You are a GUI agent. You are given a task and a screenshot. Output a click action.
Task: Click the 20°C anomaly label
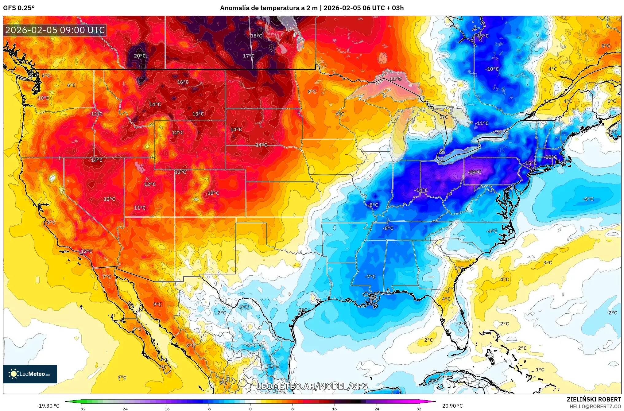[x=140, y=56]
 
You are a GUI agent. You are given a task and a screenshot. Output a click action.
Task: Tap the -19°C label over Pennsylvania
[x=474, y=173]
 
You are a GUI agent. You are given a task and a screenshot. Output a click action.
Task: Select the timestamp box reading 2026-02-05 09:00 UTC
[x=55, y=30]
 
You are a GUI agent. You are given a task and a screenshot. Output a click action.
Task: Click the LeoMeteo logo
[x=30, y=374]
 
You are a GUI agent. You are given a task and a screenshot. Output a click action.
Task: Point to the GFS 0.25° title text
[x=19, y=8]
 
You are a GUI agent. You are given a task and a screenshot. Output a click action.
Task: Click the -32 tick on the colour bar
[x=82, y=409]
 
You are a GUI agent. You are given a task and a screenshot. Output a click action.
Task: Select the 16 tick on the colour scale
[x=334, y=409]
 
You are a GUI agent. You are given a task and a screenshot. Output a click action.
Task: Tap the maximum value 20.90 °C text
[x=452, y=406]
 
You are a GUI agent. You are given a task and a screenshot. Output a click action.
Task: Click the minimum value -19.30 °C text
[x=48, y=406]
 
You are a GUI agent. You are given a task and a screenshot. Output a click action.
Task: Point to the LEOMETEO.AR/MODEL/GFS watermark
[x=312, y=386]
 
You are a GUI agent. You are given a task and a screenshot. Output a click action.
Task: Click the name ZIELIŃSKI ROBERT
[x=594, y=399]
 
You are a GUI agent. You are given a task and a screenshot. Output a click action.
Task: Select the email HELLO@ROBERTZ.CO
[x=595, y=406]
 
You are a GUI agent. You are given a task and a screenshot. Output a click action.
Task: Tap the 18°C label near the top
[x=257, y=36]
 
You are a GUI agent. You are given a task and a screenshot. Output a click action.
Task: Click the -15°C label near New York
[x=531, y=163]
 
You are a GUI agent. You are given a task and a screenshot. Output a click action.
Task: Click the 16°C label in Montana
[x=183, y=82]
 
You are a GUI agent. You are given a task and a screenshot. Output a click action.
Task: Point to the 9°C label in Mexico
[x=157, y=304]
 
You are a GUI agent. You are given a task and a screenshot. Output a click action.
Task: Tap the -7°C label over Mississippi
[x=370, y=277]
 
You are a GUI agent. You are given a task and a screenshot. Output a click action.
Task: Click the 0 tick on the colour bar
[x=250, y=409]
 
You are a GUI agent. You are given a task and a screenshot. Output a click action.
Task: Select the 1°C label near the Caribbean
[x=540, y=370]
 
